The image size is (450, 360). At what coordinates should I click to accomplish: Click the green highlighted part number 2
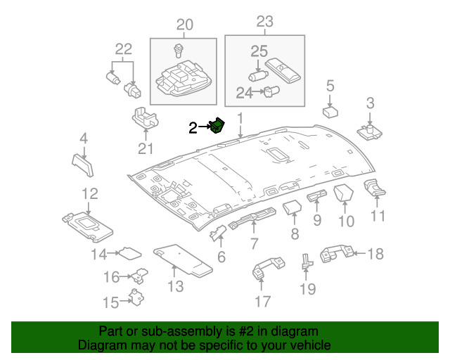pyautogui.click(x=218, y=127)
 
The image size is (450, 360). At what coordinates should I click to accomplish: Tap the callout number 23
pyautogui.click(x=264, y=22)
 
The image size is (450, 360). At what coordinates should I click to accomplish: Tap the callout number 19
pyautogui.click(x=307, y=288)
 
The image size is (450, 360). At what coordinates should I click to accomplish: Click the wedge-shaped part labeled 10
pyautogui.click(x=345, y=194)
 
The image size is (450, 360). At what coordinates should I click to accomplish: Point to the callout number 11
pyautogui.click(x=378, y=216)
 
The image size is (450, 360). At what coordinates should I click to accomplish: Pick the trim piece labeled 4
pyautogui.click(x=83, y=162)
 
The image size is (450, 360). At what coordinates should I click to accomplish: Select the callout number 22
pyautogui.click(x=123, y=49)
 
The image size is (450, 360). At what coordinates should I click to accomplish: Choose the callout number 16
pyautogui.click(x=112, y=277)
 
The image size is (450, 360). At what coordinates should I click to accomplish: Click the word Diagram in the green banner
pyautogui.click(x=104, y=345)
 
